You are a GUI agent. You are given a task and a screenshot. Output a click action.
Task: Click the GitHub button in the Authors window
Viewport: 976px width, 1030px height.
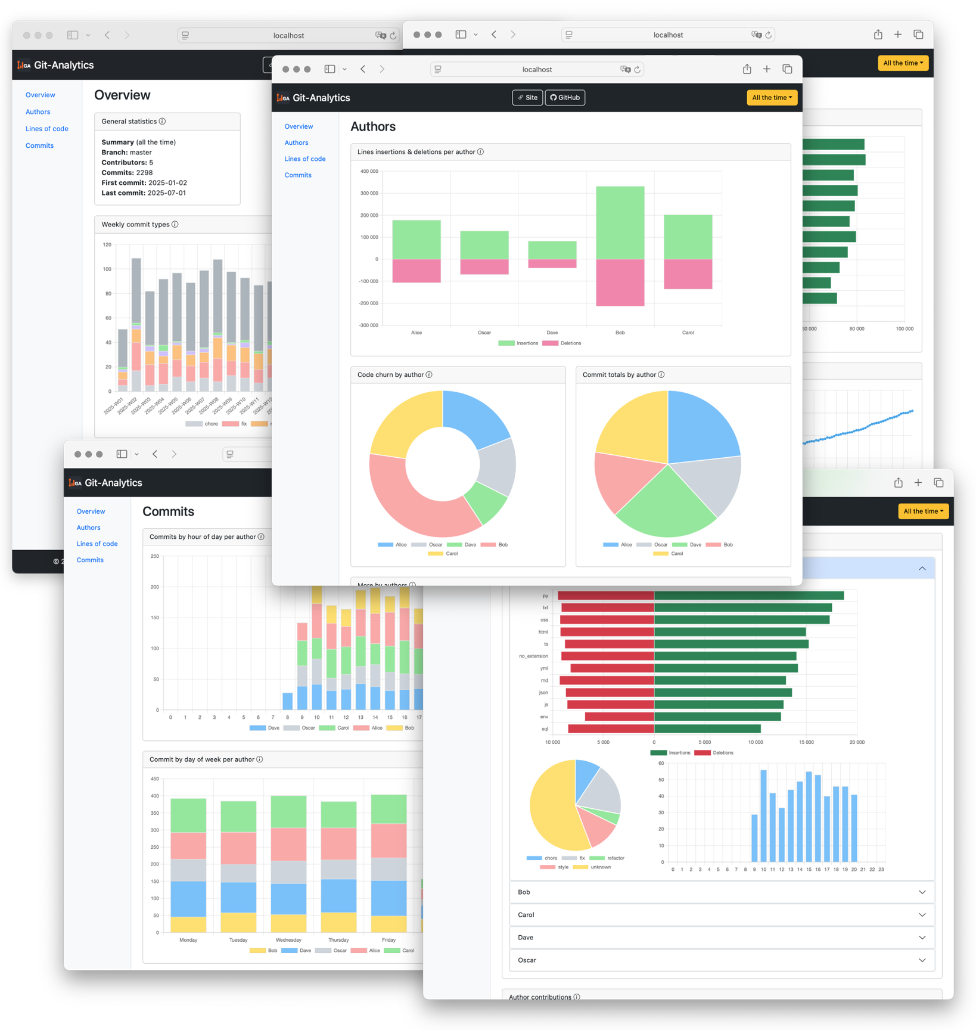coord(565,98)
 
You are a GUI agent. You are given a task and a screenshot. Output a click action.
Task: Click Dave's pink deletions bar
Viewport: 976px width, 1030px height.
coord(552,263)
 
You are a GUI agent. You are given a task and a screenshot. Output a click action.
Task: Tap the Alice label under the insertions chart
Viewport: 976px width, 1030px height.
coord(416,333)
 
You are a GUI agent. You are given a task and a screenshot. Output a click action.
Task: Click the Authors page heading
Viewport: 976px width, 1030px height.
coord(373,126)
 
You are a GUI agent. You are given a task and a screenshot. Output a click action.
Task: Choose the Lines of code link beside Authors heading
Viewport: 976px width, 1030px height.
coord(305,159)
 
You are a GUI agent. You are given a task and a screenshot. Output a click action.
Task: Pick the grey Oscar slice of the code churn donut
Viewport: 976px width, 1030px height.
coord(496,467)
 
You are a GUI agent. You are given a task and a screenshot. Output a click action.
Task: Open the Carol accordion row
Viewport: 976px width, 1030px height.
coord(722,915)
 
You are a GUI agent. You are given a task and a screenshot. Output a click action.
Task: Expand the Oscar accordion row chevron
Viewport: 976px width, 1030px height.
coord(922,960)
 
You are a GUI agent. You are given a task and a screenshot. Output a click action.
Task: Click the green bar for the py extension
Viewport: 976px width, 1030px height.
coord(748,595)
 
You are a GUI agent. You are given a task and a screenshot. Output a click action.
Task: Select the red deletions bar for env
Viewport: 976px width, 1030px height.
coord(619,716)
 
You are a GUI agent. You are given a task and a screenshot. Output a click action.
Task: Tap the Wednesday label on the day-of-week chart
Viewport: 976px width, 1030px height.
coord(288,940)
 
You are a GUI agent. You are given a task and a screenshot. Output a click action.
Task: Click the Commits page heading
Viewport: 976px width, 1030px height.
coord(169,511)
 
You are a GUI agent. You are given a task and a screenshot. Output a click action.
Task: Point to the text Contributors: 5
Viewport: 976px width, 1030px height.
coord(127,163)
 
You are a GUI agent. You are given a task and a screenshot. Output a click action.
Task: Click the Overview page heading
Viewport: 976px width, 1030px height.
coord(122,95)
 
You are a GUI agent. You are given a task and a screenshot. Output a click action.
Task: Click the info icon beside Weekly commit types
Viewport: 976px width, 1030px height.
coord(175,225)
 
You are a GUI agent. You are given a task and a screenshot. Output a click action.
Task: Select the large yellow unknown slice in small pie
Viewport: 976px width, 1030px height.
coord(551,808)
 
